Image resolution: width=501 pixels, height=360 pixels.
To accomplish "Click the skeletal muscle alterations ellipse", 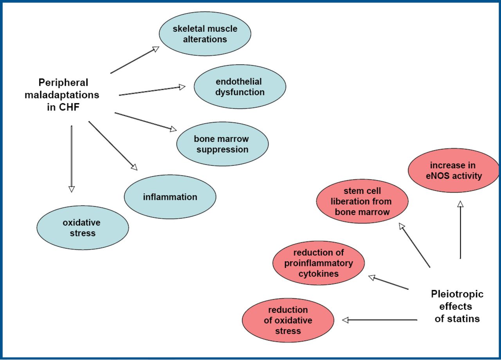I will [205, 34].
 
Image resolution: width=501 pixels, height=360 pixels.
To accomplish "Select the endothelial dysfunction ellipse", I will [240, 87].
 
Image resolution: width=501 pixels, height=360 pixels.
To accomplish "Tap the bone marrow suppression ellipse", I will [222, 144].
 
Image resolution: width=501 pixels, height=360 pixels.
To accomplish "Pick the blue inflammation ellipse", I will [170, 197].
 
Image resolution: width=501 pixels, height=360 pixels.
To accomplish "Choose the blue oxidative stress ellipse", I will [82, 228].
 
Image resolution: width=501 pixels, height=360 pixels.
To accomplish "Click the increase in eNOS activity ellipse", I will [454, 170].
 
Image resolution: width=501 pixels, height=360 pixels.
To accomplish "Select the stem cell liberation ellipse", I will [362, 202].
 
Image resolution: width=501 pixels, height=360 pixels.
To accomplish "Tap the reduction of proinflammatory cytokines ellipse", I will [319, 263].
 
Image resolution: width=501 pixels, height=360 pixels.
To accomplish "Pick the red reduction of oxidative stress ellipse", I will [288, 320].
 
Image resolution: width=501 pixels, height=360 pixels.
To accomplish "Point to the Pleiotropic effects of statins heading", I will [457, 306].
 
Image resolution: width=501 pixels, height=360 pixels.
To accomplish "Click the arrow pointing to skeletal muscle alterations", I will [135, 60].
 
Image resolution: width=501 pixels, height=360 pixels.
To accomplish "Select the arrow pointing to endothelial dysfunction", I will [152, 90].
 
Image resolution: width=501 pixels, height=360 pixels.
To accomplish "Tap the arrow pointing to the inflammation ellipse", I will [113, 145].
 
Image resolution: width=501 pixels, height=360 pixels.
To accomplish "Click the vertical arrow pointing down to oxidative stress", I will [71, 159].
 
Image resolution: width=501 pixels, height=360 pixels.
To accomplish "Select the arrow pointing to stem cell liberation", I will [414, 245].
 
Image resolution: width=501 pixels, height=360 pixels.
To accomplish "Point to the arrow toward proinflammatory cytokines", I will [388, 282].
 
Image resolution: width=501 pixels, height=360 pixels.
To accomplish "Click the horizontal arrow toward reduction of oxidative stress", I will [380, 320].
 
